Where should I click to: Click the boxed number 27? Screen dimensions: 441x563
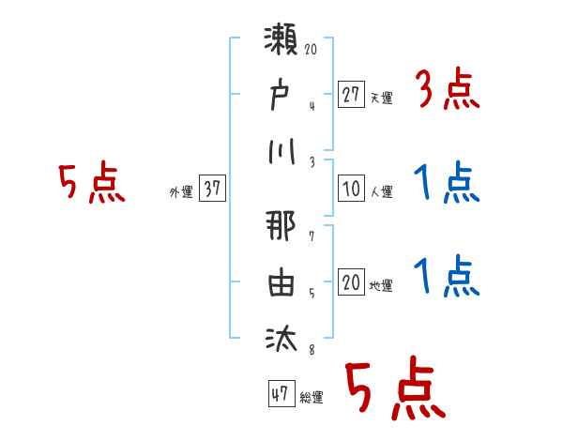pyautogui.click(x=351, y=95)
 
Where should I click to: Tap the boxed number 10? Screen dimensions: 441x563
pyautogui.click(x=351, y=189)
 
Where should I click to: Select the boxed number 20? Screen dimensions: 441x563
pyautogui.click(x=351, y=282)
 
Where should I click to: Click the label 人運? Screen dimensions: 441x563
pyautogui.click(x=381, y=191)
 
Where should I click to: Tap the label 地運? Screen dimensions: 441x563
pyautogui.click(x=381, y=285)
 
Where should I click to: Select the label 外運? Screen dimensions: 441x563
pyautogui.click(x=181, y=191)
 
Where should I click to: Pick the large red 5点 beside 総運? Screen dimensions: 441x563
pyautogui.click(x=394, y=390)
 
